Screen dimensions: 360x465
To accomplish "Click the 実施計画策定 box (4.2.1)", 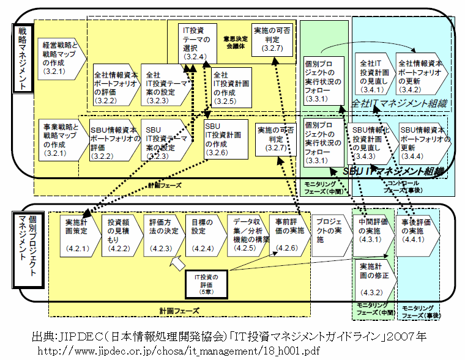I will coord(78,235).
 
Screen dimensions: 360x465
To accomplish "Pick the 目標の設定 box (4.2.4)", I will coord(203,235).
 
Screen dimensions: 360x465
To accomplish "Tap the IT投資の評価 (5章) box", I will coord(210,281).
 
